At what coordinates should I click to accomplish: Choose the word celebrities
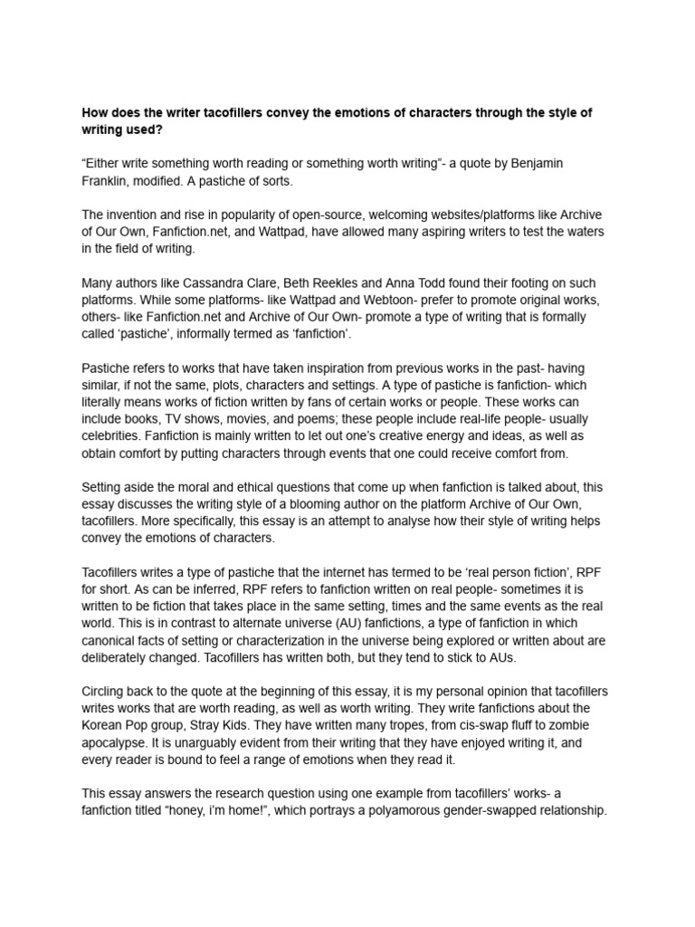[x=111, y=436]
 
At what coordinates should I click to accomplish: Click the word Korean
[x=107, y=725]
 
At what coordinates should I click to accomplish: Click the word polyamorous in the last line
[x=383, y=811]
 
